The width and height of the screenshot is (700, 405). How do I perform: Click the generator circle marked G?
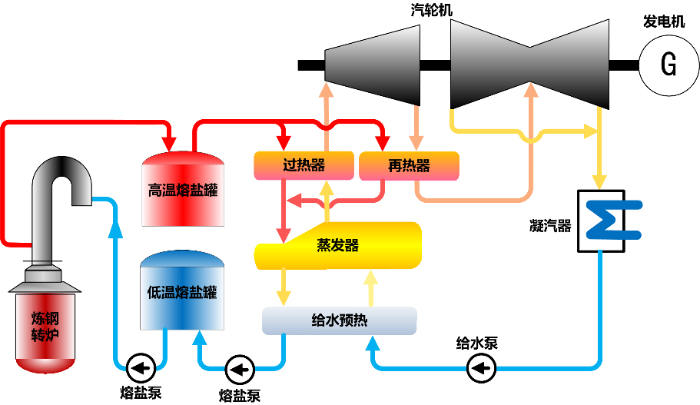coord(668,65)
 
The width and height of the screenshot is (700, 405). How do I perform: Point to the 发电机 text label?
coord(663,22)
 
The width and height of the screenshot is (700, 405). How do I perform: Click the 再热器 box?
coord(409,166)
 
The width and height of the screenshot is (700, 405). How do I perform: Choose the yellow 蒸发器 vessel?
coord(338,246)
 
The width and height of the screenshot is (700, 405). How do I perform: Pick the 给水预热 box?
coord(339,320)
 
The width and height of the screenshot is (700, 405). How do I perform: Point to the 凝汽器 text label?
coord(550,225)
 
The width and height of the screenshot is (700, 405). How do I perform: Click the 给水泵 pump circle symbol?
coord(481,369)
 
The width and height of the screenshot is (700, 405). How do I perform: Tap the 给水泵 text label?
coord(476,344)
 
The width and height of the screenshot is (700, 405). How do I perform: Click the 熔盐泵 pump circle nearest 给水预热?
coord(240,370)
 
